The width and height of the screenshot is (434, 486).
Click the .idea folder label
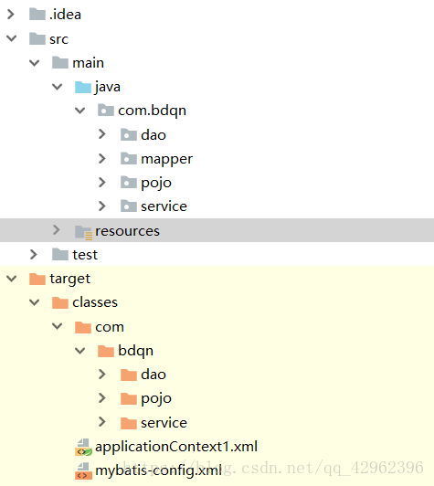[x=65, y=15]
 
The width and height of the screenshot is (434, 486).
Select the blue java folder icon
[x=83, y=87]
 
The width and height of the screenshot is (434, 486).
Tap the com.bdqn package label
[x=152, y=111]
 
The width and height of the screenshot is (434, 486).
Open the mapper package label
[x=166, y=159]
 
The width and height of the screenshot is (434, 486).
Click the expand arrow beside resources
[x=57, y=230]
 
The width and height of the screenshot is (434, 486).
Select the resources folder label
[x=127, y=231]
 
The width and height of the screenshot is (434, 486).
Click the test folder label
[x=85, y=255]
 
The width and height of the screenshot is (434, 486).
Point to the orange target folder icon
[x=37, y=279]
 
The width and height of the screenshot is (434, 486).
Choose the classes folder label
[x=95, y=302]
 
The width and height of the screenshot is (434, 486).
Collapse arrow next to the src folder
[x=12, y=38]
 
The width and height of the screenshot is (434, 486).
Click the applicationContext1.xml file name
[x=176, y=447]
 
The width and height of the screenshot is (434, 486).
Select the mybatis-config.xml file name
[x=158, y=470]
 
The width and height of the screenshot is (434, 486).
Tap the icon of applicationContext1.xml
[x=83, y=448]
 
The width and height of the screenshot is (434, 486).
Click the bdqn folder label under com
[x=135, y=351]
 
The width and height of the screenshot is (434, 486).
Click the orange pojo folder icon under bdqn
[x=129, y=398]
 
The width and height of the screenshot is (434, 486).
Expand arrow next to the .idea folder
[x=11, y=14]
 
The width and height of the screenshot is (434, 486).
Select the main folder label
[x=88, y=63]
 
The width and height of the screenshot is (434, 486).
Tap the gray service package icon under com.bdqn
[x=129, y=206]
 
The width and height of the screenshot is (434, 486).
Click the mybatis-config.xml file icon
[x=83, y=470]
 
